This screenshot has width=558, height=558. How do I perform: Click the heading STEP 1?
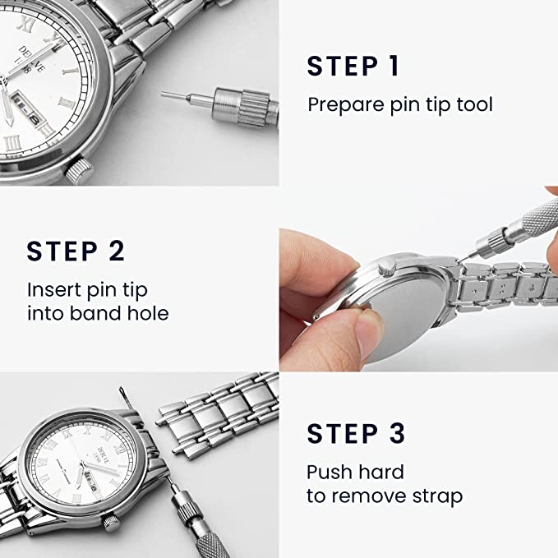pos(353,67)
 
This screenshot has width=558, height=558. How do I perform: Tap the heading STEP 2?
pos(76,251)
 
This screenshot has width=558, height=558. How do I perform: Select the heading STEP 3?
pos(356,433)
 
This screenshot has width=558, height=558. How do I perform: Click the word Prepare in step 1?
pos(346,105)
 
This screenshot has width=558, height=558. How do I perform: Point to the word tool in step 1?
pos(474,104)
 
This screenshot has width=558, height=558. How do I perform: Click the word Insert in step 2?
pos(54,289)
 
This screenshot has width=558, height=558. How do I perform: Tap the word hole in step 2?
pos(148,313)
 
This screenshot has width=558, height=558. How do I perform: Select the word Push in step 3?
pos(329,472)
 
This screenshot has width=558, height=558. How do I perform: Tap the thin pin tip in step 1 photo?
pos(174,96)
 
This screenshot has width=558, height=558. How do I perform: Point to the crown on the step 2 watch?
pos(387,267)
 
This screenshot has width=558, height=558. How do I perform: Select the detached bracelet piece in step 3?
pos(218,413)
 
